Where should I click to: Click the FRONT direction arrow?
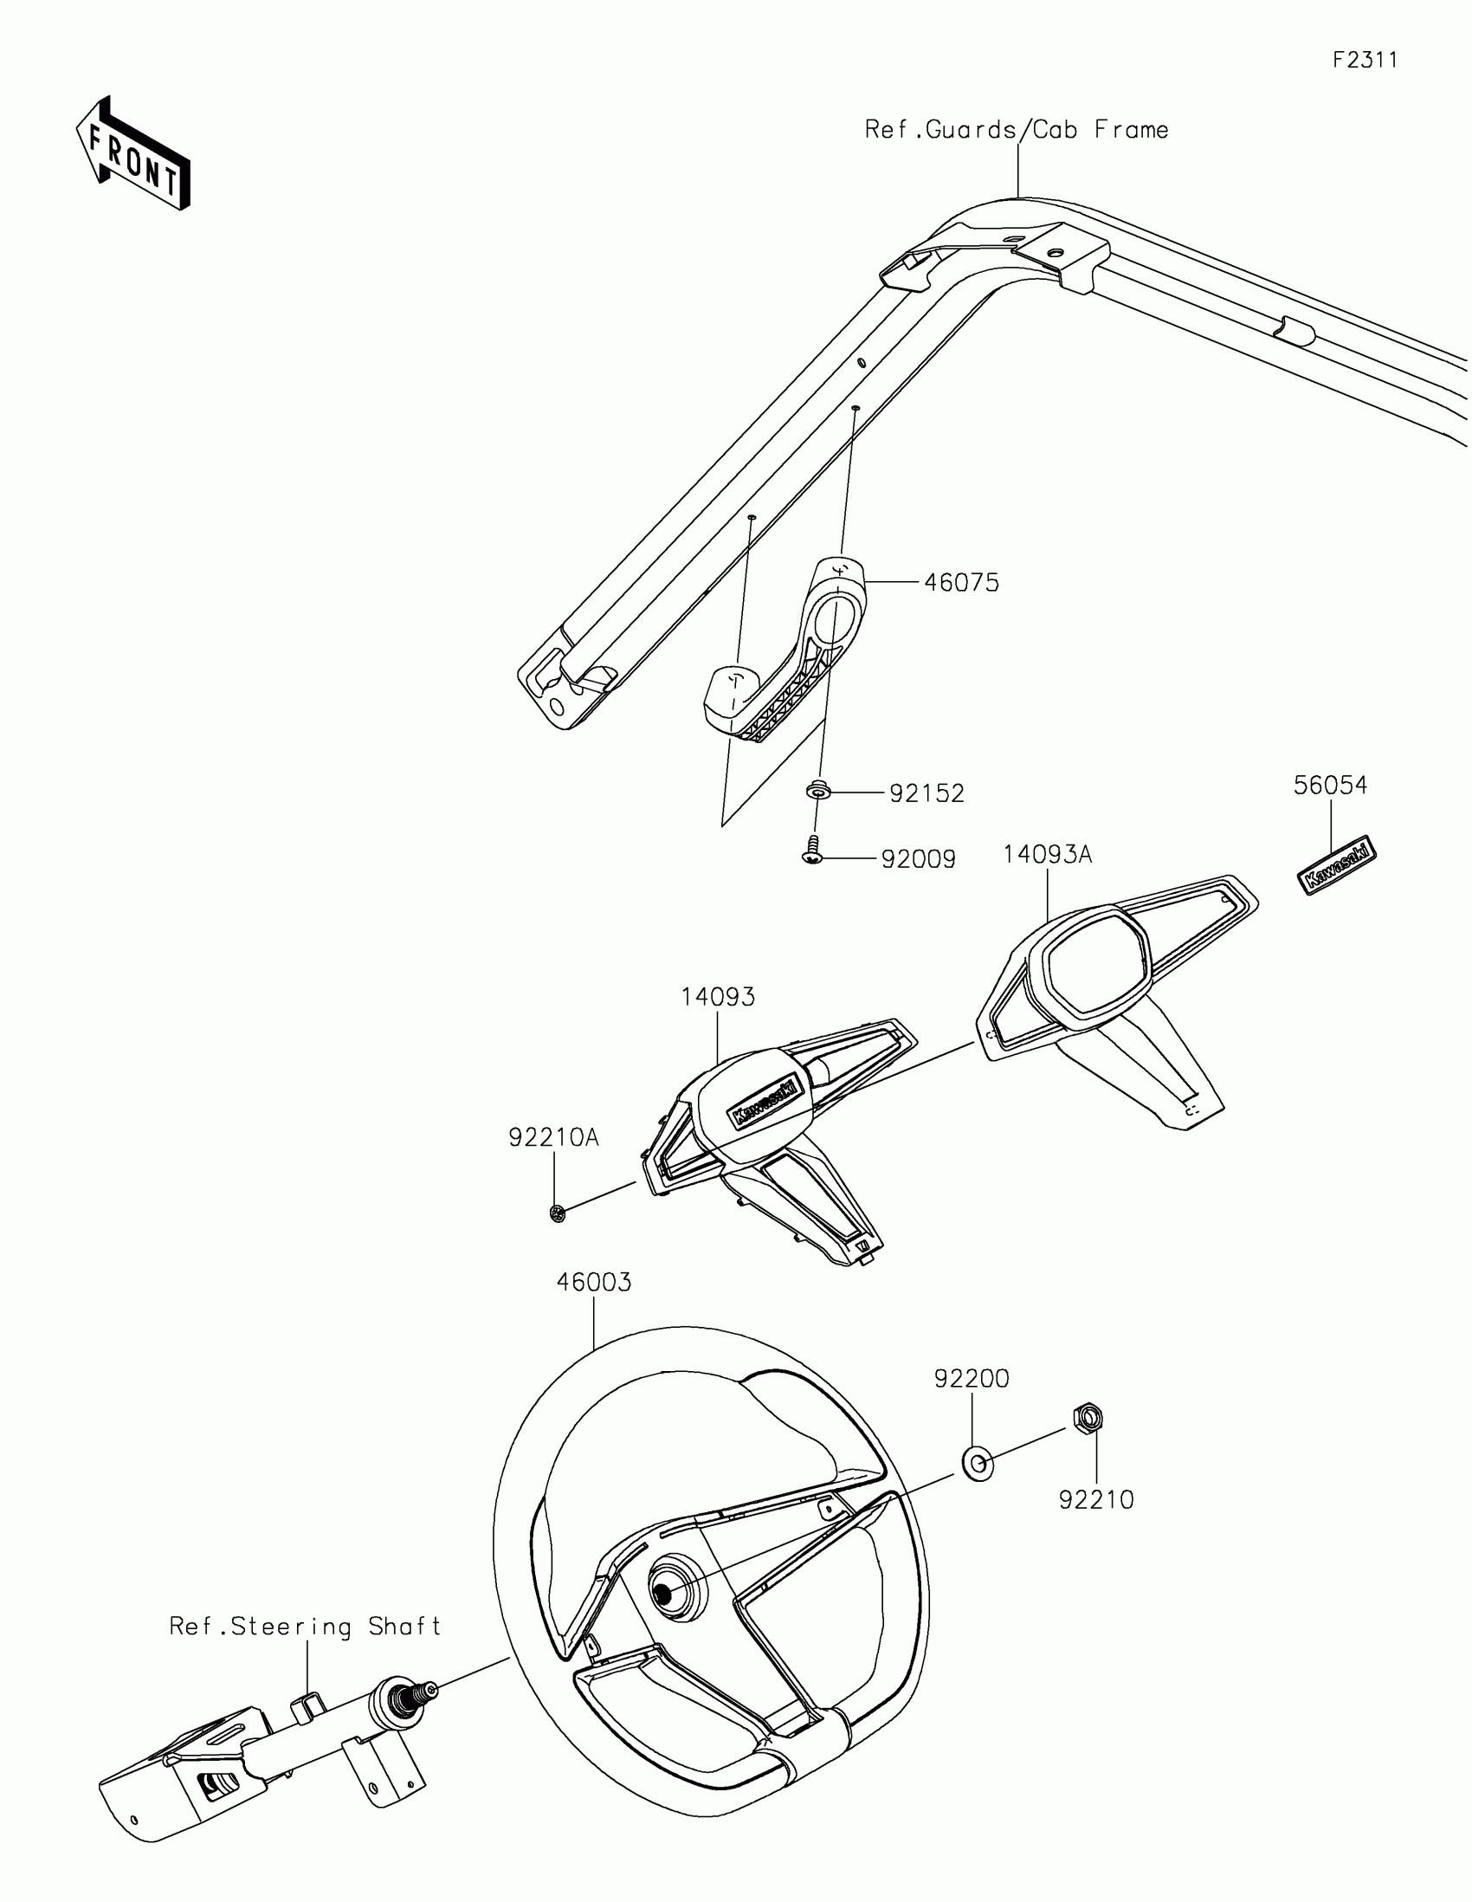132,154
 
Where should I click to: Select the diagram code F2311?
1365,60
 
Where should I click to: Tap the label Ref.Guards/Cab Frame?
1016,130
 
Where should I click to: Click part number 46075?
961,583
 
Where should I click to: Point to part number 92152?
926,793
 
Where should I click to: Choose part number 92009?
919,859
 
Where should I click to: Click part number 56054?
1330,785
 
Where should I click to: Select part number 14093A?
1046,854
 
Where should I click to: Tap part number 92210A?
553,1137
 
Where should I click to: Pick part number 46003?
594,1282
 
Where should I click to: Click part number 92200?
972,1379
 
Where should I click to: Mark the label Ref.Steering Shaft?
306,1627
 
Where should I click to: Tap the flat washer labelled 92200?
978,1464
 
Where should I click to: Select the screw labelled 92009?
812,851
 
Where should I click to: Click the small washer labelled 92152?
818,792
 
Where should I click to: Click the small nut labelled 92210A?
558,1213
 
